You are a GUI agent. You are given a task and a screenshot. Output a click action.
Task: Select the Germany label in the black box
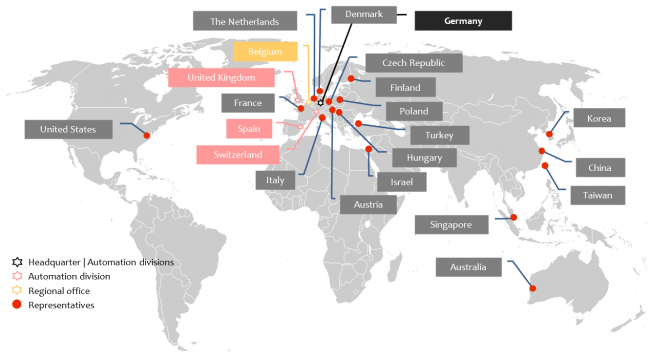[x=463, y=21]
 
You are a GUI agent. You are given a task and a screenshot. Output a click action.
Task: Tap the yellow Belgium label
[x=265, y=51]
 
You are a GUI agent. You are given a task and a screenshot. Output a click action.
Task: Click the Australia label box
[x=468, y=267]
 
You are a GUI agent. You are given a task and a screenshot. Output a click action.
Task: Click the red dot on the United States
[x=147, y=135]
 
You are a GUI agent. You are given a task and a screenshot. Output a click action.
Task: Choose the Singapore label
[x=451, y=224]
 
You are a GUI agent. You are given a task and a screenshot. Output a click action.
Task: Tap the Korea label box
[x=599, y=117]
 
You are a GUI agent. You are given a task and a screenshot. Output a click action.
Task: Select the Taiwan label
[x=599, y=194]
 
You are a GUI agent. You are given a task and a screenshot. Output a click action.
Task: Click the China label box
[x=599, y=167]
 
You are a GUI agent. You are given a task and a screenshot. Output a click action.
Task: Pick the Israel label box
[x=400, y=182]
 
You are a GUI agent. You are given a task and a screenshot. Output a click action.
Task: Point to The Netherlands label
[x=245, y=20]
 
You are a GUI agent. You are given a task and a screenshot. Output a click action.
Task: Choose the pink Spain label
[x=249, y=129]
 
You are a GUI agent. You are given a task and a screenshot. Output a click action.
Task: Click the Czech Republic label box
[x=413, y=62]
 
